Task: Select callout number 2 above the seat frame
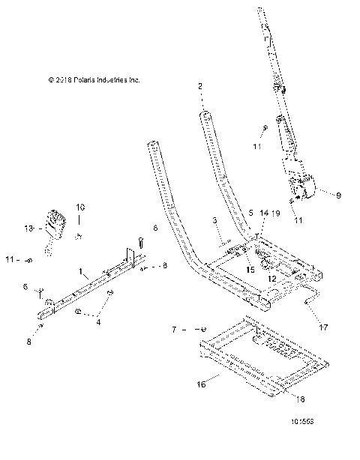[200, 87]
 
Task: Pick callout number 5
[250, 213]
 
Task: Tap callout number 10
[80, 206]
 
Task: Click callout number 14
[262, 214]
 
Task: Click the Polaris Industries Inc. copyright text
[93, 79]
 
